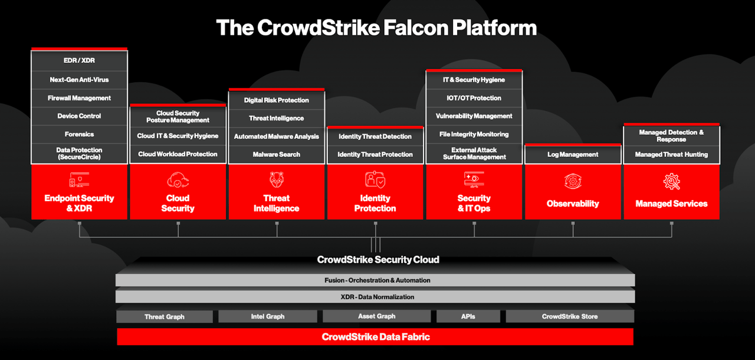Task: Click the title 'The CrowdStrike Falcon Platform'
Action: pyautogui.click(x=376, y=28)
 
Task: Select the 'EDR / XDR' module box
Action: pyautogui.click(x=79, y=61)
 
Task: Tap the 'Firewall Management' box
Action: pyautogui.click(x=79, y=98)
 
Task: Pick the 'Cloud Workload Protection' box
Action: pyautogui.click(x=178, y=154)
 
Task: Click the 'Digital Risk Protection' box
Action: pyautogui.click(x=277, y=100)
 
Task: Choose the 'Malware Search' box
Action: pyautogui.click(x=277, y=154)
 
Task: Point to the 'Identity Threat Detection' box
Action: pyautogui.click(x=375, y=136)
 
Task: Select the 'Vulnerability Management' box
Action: pyautogui.click(x=474, y=116)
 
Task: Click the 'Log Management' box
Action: pyautogui.click(x=573, y=155)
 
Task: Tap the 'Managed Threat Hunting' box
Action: pyautogui.click(x=671, y=155)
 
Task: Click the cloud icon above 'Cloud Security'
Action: pyautogui.click(x=178, y=179)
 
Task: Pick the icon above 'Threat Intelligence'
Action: pyautogui.click(x=277, y=179)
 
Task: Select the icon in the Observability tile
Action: pyautogui.click(x=573, y=181)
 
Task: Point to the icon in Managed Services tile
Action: pyautogui.click(x=671, y=181)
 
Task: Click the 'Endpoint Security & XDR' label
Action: pyautogui.click(x=79, y=203)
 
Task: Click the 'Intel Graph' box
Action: pyautogui.click(x=267, y=316)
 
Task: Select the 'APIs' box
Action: pyautogui.click(x=468, y=316)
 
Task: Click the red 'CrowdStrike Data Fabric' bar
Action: pyautogui.click(x=375, y=337)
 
